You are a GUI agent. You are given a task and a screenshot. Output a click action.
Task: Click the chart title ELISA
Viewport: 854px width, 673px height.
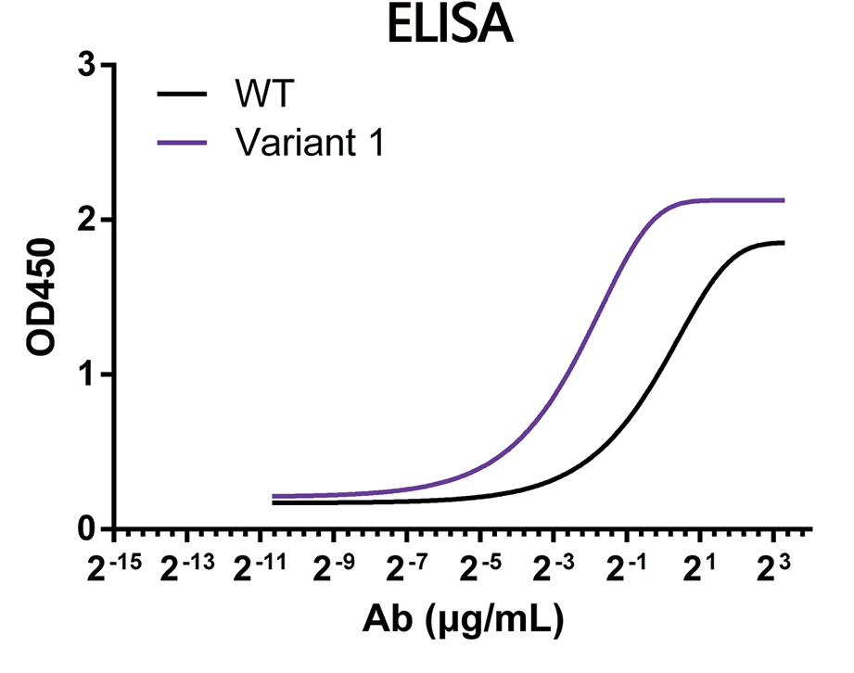point(449,27)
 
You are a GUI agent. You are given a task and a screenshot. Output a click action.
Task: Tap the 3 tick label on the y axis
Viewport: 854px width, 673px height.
point(85,66)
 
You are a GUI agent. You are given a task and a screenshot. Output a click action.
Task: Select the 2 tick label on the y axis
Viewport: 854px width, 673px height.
point(85,221)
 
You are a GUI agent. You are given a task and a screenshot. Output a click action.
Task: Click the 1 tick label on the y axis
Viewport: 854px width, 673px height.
point(85,375)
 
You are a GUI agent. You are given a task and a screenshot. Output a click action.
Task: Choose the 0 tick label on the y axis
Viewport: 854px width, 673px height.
point(85,529)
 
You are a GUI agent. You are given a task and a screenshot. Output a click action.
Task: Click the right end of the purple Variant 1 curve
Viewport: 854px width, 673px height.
point(784,200)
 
